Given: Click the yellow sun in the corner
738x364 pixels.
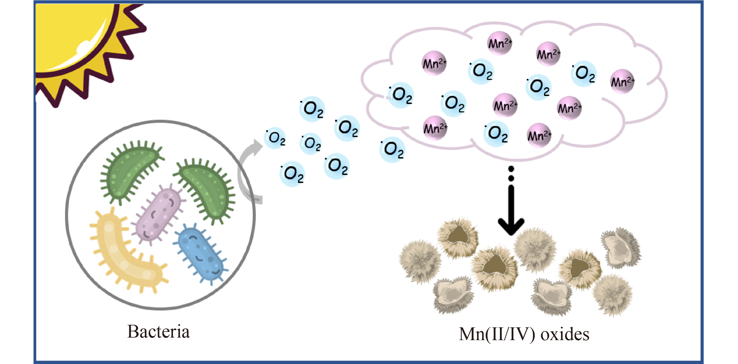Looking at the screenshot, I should [72, 37].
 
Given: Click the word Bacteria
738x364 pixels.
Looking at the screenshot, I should [158, 332].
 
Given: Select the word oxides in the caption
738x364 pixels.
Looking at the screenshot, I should [565, 334].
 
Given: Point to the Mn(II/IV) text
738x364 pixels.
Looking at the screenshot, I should [497, 334].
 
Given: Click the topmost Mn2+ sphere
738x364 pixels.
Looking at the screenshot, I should [500, 43].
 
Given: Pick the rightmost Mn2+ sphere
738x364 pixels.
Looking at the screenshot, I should [622, 81].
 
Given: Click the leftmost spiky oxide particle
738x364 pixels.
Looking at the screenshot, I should [420, 261].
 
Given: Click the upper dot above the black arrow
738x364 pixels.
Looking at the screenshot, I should [511, 169].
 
